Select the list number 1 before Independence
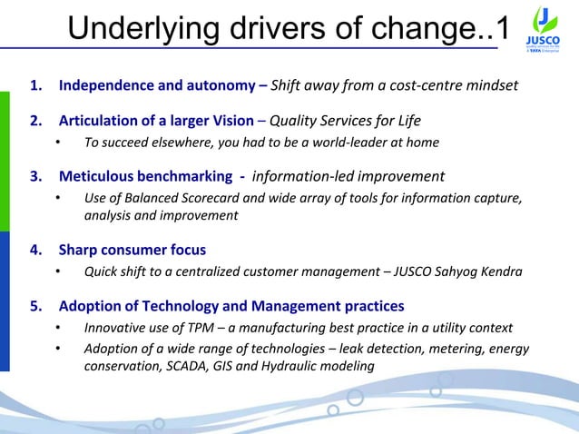click(35, 87)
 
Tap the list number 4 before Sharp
click(35, 250)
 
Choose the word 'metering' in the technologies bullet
click(458, 349)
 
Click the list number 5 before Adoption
click(35, 305)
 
